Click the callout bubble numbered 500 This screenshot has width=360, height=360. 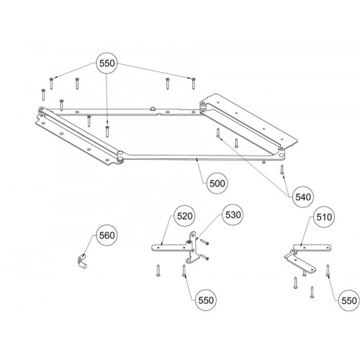[217, 184]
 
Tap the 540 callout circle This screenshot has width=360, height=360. [303, 197]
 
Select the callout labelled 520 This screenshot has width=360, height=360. [184, 216]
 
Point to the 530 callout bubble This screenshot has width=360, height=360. [233, 215]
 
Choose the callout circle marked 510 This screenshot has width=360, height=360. [324, 217]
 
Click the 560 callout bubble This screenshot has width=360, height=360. [107, 235]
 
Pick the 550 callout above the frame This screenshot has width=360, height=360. [107, 63]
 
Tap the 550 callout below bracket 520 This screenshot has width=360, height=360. [206, 300]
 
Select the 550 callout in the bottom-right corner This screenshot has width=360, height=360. [349, 300]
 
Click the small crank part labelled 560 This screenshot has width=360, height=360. [82, 261]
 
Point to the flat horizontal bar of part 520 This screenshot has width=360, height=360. [170, 248]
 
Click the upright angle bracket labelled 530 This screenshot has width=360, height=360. [192, 248]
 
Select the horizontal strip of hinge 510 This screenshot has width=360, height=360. [312, 247]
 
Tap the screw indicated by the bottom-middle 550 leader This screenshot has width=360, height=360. [184, 271]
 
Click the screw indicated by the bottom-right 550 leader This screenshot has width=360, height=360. [328, 271]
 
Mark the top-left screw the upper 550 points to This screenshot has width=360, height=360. [51, 84]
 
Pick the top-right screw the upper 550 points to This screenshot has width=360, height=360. [193, 84]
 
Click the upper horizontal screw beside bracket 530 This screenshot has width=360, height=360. [204, 243]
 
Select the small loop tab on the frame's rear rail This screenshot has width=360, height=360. [153, 109]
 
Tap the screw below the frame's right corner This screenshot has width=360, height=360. [282, 169]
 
